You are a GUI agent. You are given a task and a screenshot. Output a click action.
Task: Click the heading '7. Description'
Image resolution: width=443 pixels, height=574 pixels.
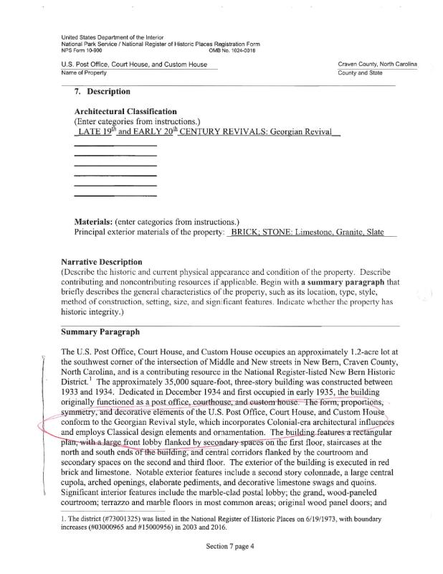click(103, 92)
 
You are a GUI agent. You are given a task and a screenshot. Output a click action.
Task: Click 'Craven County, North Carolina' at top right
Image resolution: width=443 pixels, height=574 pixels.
click(376, 65)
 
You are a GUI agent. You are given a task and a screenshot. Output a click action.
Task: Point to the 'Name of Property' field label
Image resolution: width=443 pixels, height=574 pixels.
click(84, 72)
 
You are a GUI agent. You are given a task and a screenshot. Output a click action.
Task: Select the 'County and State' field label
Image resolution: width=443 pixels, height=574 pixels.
click(361, 72)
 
